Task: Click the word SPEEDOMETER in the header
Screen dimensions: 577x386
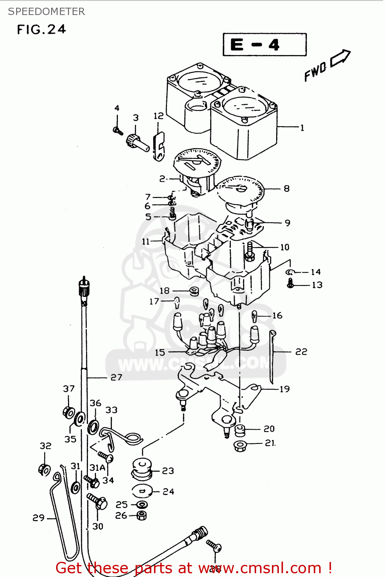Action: click(46, 12)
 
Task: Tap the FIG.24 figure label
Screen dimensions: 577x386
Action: click(41, 30)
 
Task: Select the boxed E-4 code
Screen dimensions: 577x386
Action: click(265, 45)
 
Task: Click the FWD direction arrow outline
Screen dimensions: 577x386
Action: click(340, 58)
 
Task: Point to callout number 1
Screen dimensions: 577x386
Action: click(302, 128)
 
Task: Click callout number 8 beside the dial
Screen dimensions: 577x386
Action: click(287, 188)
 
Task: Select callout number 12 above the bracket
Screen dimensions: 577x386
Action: click(158, 116)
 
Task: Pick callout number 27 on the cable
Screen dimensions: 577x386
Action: click(116, 377)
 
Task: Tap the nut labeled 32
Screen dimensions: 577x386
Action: click(44, 470)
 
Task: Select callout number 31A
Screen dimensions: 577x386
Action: click(97, 468)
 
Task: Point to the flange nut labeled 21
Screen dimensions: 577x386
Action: click(240, 446)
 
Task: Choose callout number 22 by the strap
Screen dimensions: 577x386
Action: click(301, 352)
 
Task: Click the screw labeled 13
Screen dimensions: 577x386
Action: click(290, 284)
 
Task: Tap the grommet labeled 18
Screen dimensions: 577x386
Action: click(194, 291)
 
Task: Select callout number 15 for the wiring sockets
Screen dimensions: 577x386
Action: click(160, 352)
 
